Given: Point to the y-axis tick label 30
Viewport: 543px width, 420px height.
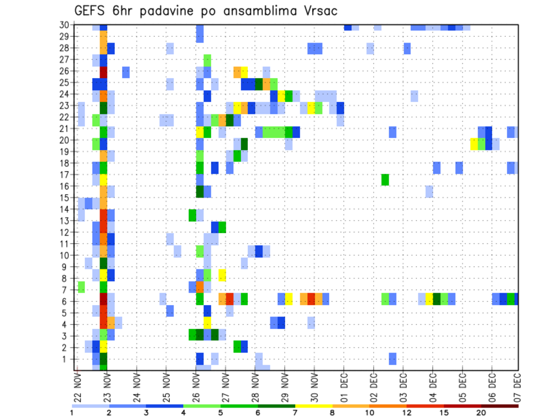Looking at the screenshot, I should point(65,25).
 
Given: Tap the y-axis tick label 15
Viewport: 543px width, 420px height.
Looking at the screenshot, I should point(65,198).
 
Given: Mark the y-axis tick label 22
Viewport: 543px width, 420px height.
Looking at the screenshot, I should point(65,117).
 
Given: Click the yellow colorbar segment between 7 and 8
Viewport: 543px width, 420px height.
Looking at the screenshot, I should point(314,405).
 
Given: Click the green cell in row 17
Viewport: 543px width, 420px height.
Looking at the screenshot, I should point(385,179).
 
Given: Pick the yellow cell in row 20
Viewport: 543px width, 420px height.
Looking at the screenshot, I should point(474,144).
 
